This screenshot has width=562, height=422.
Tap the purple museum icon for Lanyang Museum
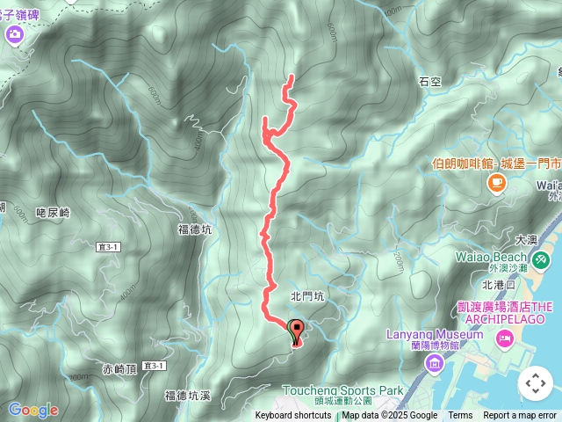(x=433, y=362)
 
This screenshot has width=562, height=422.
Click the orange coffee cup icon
(x=497, y=182)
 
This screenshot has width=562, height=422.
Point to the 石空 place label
(x=429, y=82)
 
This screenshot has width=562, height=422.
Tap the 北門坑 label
(x=307, y=297)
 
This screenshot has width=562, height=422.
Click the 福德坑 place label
(x=195, y=230)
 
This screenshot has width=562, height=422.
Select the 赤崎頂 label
(x=120, y=368)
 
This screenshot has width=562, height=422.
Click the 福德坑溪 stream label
(x=189, y=396)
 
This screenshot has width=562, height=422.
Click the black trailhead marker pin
(x=296, y=332)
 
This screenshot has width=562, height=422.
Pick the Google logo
(x=33, y=410)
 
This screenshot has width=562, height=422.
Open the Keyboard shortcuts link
(x=293, y=416)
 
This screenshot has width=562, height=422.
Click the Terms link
(x=460, y=416)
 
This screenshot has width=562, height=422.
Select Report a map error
(x=520, y=416)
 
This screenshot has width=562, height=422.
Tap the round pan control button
(x=535, y=383)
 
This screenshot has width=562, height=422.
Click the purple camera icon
(x=15, y=34)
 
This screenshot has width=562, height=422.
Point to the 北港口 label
(x=502, y=284)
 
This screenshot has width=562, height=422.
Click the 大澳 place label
(x=526, y=239)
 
